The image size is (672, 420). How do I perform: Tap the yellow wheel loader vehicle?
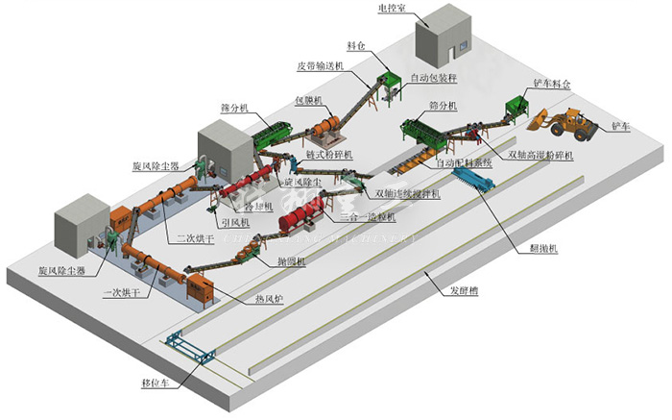[565, 121]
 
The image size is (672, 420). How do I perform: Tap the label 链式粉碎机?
[329, 154]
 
